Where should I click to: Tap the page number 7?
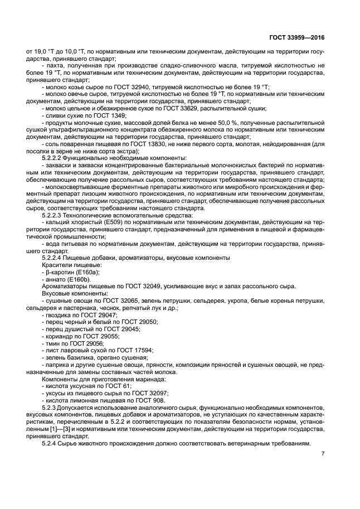tap(323, 453)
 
